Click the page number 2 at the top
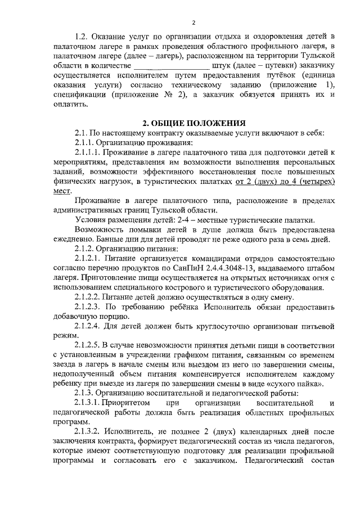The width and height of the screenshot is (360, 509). (193, 22)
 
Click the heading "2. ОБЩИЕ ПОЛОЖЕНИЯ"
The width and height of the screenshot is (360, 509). (193, 123)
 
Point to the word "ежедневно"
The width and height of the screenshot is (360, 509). (71, 240)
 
